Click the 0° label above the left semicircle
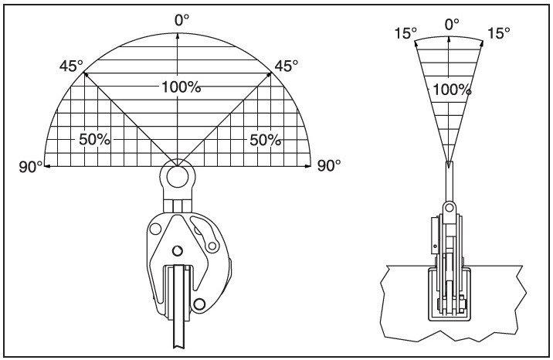(182, 19)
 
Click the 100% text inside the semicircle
(182, 87)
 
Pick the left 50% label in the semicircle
(94, 140)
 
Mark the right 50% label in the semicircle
(264, 140)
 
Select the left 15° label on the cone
(405, 33)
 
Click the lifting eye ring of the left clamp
(178, 176)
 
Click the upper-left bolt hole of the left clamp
(156, 228)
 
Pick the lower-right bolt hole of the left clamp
(202, 303)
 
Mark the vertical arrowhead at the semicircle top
(178, 37)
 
